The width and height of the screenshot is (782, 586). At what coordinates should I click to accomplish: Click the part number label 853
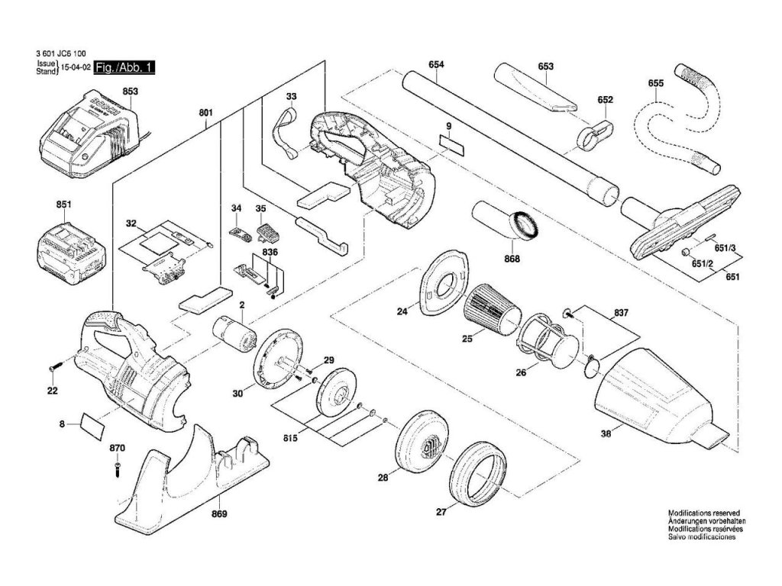(x=130, y=92)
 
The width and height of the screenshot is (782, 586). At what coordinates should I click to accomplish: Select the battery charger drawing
(x=87, y=134)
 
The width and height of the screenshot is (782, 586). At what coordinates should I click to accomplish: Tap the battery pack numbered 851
(x=71, y=253)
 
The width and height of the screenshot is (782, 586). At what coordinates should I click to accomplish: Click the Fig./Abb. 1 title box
(x=124, y=67)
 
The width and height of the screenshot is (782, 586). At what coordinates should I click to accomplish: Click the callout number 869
(x=219, y=514)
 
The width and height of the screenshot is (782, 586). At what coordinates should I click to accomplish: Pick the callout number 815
(x=290, y=439)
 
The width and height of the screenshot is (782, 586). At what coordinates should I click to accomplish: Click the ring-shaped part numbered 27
(x=477, y=473)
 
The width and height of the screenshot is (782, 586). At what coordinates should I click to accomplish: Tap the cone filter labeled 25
(x=491, y=307)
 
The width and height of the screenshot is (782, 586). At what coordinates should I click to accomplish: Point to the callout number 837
(x=621, y=313)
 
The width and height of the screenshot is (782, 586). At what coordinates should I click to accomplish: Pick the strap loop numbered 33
(x=286, y=133)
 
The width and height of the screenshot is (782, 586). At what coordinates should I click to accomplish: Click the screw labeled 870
(x=117, y=469)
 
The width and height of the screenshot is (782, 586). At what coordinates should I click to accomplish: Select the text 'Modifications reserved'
(x=704, y=513)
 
